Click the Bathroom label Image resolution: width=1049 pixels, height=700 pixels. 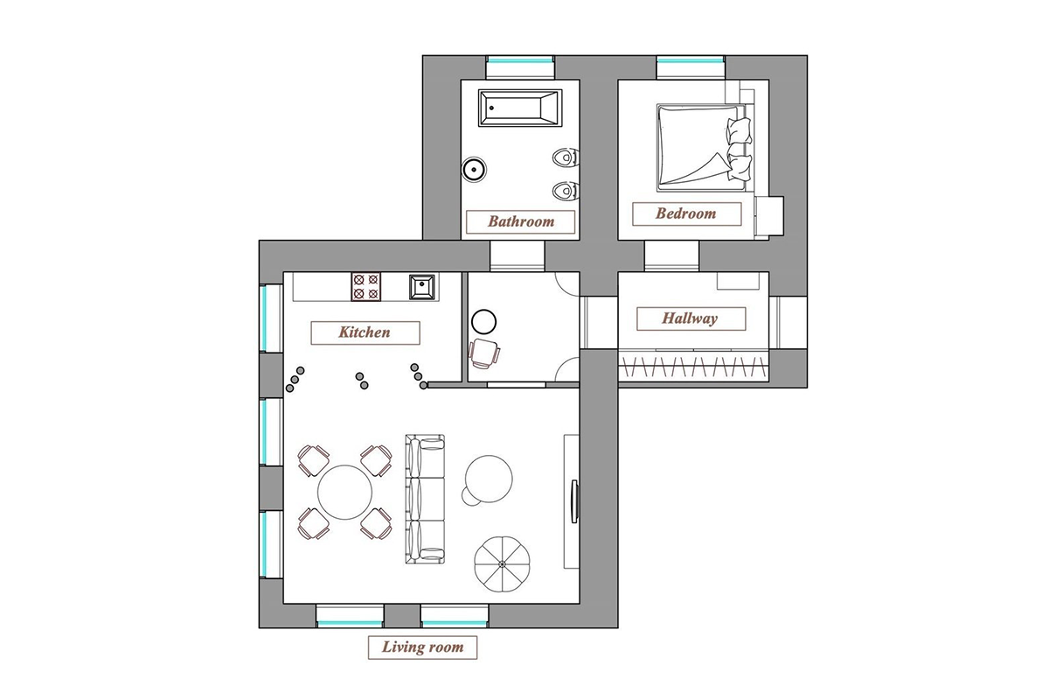520,221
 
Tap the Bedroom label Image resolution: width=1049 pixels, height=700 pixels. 686,213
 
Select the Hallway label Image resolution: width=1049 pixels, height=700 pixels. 691,318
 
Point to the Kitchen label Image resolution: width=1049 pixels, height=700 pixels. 365,332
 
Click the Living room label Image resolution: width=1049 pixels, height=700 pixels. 422,647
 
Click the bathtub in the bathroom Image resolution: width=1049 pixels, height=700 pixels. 520,108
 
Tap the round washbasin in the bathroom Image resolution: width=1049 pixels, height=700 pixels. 474,169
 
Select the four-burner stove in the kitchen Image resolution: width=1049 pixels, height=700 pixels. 365,286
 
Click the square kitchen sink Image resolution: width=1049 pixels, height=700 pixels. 422,286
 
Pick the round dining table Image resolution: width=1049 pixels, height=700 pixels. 344,493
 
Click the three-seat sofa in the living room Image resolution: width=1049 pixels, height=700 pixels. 425,499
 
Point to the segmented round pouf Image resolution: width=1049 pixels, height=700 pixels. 502,564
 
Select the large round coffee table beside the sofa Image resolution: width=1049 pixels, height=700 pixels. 489,479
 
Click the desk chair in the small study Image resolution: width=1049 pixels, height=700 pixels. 483,353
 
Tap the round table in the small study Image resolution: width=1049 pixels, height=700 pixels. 483,322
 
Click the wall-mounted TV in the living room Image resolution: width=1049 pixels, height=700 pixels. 574,501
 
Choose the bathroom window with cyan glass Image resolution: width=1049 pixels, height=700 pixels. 520,60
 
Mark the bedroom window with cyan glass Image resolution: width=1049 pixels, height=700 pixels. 691,60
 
